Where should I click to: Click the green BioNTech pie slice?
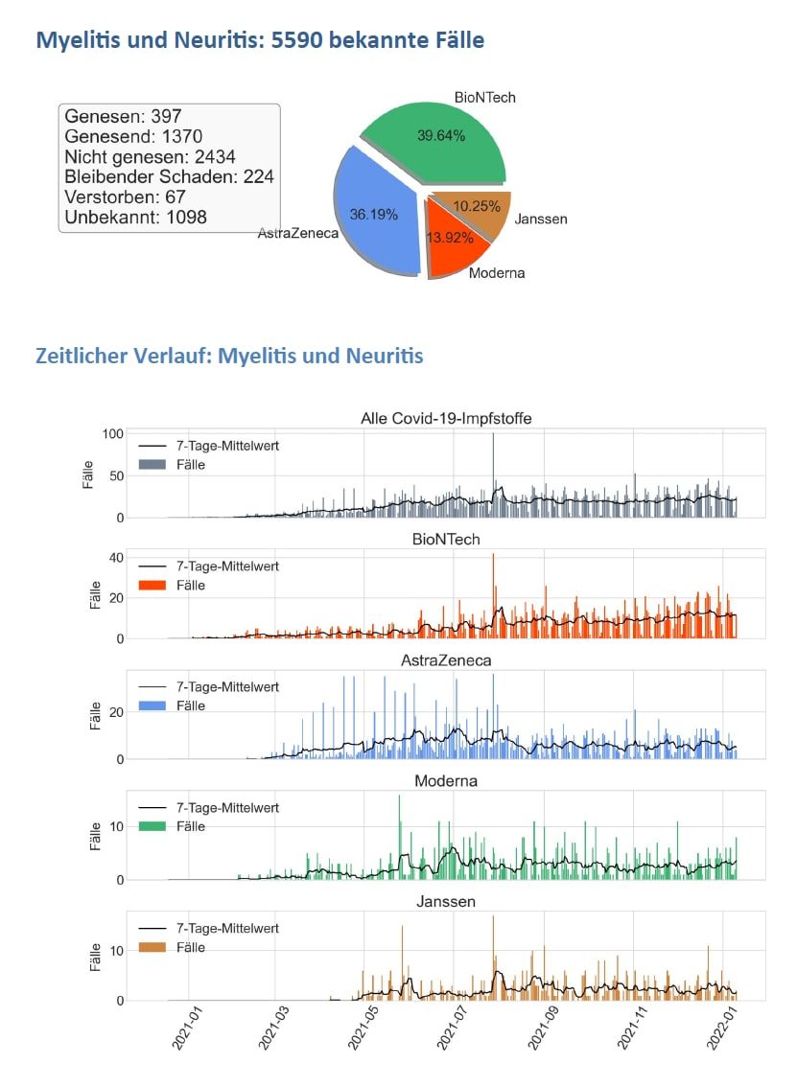436,144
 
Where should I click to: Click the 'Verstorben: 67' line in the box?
125,197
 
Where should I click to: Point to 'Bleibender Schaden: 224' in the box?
169,177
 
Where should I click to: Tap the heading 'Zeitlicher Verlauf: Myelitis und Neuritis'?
229,357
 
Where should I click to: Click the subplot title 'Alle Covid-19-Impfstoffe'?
446,418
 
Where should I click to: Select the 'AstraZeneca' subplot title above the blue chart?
446,660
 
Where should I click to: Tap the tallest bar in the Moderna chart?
399,797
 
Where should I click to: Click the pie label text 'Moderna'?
497,273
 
